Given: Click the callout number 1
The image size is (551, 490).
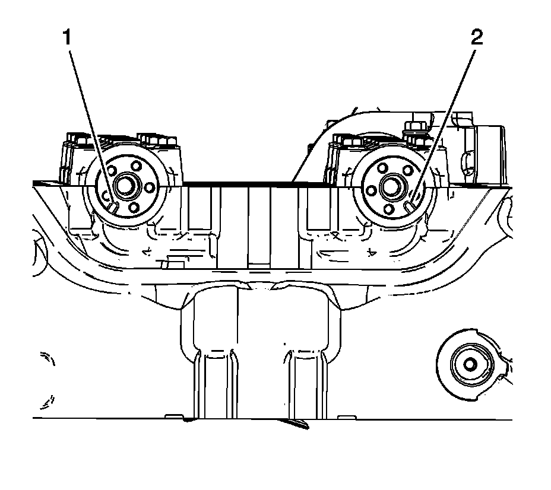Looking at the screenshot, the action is tap(68, 39).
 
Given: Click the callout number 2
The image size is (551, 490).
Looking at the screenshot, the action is tap(477, 39).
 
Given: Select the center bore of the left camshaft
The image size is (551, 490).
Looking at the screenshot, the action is tap(125, 186).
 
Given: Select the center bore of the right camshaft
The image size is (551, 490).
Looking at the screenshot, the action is tap(390, 186).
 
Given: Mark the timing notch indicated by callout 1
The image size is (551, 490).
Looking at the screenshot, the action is tap(112, 205).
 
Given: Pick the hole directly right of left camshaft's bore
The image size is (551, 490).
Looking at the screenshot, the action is tap(149, 186).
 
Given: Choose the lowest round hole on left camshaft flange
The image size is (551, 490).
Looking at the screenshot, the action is tap(134, 207).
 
